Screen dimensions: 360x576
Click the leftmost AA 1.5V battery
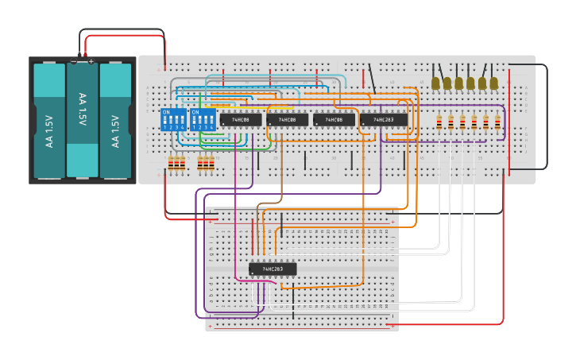49,121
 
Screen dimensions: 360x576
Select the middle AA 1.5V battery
82,119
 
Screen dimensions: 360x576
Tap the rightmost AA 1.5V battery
115,121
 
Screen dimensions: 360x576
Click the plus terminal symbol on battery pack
91,61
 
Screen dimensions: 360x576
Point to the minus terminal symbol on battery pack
74,61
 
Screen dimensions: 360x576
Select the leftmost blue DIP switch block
173,120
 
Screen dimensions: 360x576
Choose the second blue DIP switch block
203,120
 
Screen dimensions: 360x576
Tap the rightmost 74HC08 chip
334,120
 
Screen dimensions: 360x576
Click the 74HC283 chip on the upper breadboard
384,120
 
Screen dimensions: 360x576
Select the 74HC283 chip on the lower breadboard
273,269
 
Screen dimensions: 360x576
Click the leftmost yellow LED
436,82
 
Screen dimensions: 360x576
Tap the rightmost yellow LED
493,82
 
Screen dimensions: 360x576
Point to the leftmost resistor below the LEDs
440,122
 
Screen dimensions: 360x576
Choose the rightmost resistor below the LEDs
497,122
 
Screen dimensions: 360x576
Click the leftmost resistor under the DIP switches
171,164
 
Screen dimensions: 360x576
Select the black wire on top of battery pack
119,30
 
